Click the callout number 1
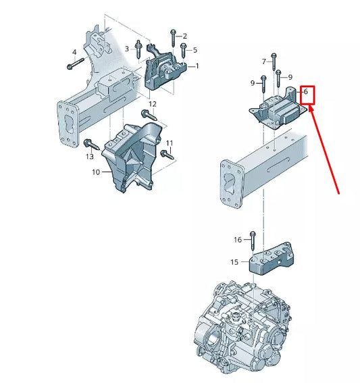197,66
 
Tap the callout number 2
185,35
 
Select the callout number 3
127,48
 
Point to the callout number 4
74,52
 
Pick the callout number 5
195,49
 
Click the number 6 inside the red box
306,92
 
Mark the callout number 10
95,172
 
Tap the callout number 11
170,143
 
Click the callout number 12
153,104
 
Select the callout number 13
90,157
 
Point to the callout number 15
234,261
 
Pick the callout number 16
237,240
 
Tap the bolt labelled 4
75,66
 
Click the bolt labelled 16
253,240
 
